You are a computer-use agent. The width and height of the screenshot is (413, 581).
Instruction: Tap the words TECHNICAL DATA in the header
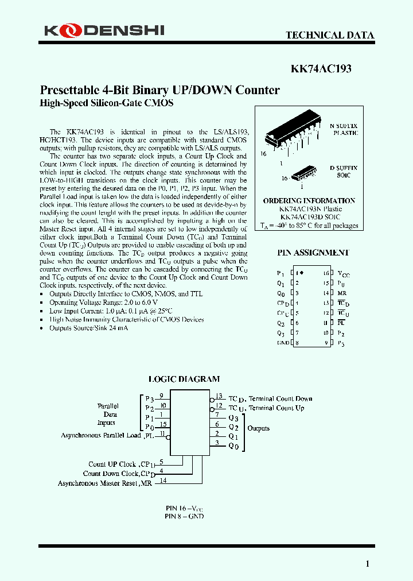(330, 35)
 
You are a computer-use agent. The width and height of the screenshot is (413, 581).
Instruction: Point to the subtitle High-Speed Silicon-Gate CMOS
(106, 103)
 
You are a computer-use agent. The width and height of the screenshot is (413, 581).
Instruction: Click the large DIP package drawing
(293, 137)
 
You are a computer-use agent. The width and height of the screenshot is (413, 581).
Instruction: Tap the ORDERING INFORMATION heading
(309, 201)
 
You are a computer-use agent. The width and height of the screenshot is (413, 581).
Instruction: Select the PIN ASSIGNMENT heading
(313, 252)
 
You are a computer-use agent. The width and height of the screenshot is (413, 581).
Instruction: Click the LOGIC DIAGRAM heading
(184, 379)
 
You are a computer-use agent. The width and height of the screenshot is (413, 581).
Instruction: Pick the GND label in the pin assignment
(283, 343)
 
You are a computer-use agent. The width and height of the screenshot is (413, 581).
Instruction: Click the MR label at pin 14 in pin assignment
(342, 293)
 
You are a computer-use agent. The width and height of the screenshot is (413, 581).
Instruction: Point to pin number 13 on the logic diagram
(218, 396)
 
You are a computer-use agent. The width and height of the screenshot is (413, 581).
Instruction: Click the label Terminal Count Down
(280, 398)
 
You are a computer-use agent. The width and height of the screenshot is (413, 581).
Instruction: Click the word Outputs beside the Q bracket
(258, 428)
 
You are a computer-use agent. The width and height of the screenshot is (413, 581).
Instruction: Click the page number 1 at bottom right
(368, 564)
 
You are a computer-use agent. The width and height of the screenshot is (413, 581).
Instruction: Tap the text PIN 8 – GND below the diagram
(184, 516)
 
